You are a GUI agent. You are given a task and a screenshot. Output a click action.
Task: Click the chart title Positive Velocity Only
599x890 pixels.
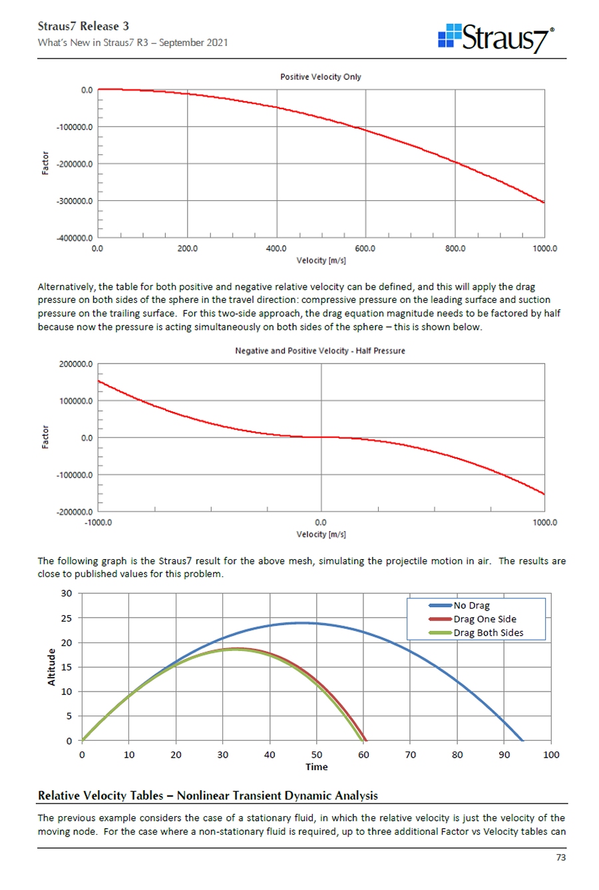pyautogui.click(x=321, y=77)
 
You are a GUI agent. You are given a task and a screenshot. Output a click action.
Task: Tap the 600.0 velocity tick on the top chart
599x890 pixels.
pyautogui.click(x=365, y=248)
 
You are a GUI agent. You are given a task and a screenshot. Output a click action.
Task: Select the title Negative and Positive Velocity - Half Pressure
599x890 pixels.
pyautogui.click(x=319, y=351)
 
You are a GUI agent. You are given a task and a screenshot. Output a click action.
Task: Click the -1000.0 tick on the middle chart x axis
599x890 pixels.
pyautogui.click(x=99, y=523)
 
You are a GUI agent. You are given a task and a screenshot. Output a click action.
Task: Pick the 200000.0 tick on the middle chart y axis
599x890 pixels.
pyautogui.click(x=75, y=365)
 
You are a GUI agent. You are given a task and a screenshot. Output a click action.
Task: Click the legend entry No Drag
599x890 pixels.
pyautogui.click(x=471, y=606)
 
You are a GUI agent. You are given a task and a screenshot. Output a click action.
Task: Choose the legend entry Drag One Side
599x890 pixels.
pyautogui.click(x=485, y=619)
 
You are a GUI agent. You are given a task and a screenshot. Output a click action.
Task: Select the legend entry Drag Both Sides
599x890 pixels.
pyautogui.click(x=488, y=633)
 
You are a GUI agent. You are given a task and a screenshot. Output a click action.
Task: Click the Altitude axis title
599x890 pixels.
pyautogui.click(x=53, y=667)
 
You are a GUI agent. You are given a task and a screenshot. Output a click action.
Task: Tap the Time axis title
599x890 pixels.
pyautogui.click(x=317, y=767)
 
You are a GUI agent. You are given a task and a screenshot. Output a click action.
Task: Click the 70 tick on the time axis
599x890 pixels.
pyautogui.click(x=411, y=755)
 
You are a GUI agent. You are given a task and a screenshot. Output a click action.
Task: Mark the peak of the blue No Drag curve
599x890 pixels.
pyautogui.click(x=302, y=623)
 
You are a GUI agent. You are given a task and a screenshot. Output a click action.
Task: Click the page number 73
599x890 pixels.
pyautogui.click(x=560, y=857)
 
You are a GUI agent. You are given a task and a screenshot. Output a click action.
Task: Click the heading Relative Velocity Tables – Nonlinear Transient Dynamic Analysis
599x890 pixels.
pyautogui.click(x=208, y=795)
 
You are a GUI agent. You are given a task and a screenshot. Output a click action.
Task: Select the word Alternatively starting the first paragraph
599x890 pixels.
pyautogui.click(x=66, y=287)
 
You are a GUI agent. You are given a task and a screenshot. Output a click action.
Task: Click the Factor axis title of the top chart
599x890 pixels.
pyautogui.click(x=45, y=164)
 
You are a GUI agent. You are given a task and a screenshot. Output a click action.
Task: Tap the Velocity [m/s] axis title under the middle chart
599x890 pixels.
pyautogui.click(x=321, y=535)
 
